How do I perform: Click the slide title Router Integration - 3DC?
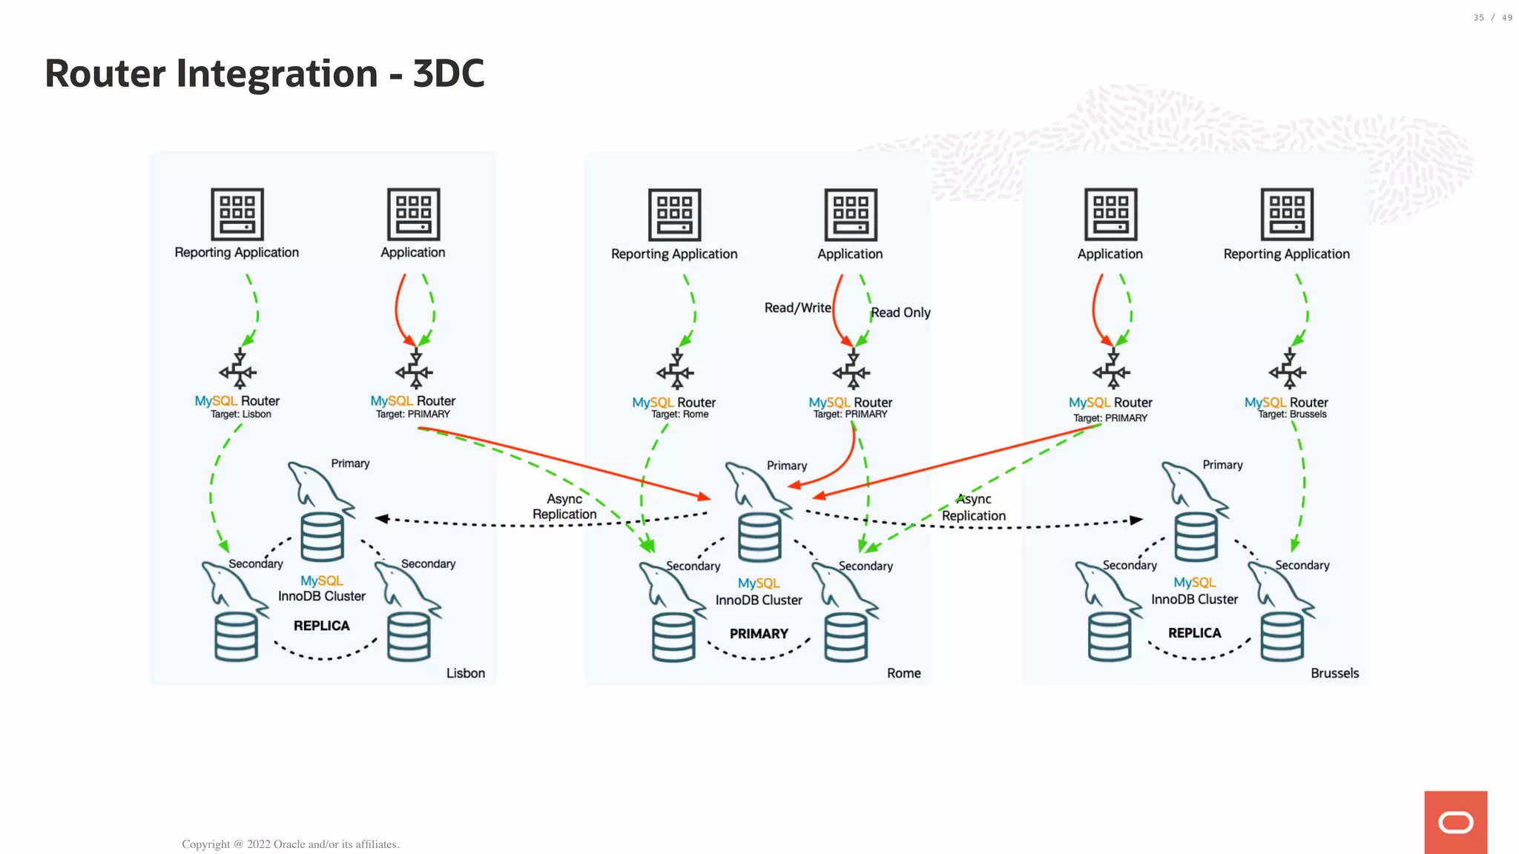tap(264, 73)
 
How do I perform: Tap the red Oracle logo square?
tap(1455, 822)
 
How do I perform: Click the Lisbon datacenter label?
tap(465, 673)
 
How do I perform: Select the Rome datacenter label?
tap(903, 673)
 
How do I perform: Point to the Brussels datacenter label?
tap(1334, 673)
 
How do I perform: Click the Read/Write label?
tap(797, 308)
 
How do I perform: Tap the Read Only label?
tap(900, 313)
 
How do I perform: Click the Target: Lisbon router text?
tap(240, 414)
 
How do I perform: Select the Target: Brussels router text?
tap(1292, 414)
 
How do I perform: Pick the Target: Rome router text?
tap(679, 414)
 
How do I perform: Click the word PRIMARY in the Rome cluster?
tap(759, 634)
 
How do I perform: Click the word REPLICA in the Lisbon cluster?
tap(321, 626)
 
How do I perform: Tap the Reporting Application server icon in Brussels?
tap(1287, 214)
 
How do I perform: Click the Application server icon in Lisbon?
tap(413, 214)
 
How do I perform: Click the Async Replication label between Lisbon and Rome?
tap(564, 506)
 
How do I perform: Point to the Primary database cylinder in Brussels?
tap(1196, 537)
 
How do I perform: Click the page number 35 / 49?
tap(1492, 18)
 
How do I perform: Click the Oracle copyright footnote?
tap(291, 844)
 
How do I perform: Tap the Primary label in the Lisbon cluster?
tap(350, 463)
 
